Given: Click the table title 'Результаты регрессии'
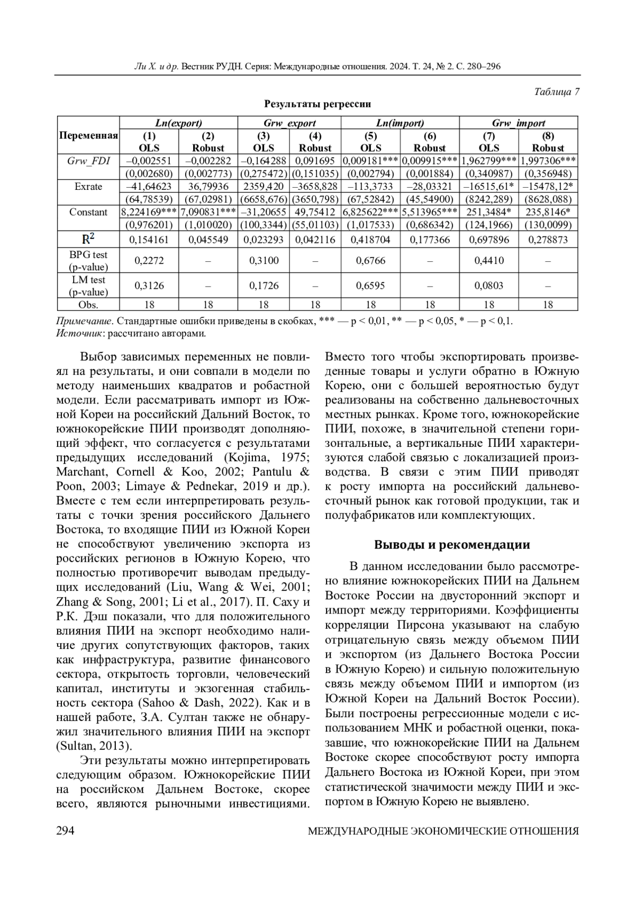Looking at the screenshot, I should (317, 104).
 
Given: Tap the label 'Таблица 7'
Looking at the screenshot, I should (557, 91).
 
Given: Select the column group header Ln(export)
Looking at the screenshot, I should (179, 123).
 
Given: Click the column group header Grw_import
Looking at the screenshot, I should (518, 123).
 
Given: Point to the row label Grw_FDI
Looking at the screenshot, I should (88, 161).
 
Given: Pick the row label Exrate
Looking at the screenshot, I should (88, 186).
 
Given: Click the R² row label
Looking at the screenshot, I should (88, 239).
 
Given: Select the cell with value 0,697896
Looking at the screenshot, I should (488, 240).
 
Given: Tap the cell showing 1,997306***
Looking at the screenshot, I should (548, 161).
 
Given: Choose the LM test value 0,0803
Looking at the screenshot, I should (488, 286).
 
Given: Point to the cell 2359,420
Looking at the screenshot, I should (264, 186).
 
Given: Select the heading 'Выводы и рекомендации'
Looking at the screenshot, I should (451, 545).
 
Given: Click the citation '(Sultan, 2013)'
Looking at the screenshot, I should (93, 746).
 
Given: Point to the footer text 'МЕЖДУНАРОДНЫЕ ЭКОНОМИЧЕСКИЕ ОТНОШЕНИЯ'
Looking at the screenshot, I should (443, 831).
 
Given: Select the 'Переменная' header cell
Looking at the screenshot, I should (88, 135).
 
